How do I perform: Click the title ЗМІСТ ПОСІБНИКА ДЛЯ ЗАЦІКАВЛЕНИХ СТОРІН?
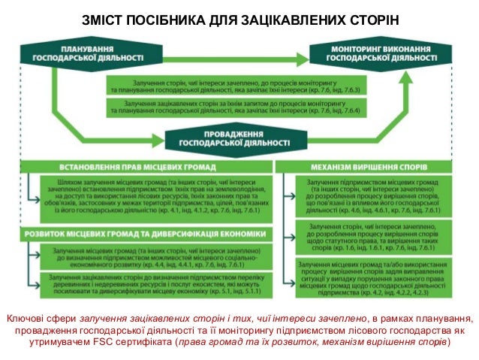coord(240,17)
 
